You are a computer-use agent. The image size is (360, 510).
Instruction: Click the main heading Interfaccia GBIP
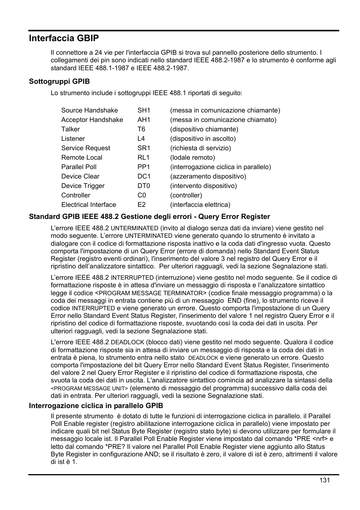click(x=64, y=38)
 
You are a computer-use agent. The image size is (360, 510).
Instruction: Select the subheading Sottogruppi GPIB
click(x=59, y=82)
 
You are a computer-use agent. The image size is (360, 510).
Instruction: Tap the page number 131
click(x=324, y=480)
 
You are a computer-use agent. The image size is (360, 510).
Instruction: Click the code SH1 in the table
click(x=144, y=110)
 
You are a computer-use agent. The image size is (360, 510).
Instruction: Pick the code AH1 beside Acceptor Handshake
click(x=144, y=120)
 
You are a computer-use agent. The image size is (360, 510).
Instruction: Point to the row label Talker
click(x=71, y=129)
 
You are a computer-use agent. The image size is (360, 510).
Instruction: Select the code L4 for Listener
click(x=141, y=139)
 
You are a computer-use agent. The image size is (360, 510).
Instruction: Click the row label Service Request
click(x=86, y=148)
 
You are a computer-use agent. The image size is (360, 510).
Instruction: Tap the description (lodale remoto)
click(x=192, y=157)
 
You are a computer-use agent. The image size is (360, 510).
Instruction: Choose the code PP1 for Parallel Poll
click(x=144, y=167)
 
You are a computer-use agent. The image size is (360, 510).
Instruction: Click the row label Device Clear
click(x=80, y=176)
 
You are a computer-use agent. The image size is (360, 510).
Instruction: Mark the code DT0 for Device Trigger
click(x=144, y=186)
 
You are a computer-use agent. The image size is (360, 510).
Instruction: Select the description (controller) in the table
click(x=186, y=195)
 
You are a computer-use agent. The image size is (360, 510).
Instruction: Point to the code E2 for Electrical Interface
click(x=142, y=205)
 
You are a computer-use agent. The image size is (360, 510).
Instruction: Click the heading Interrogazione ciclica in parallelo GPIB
click(x=96, y=406)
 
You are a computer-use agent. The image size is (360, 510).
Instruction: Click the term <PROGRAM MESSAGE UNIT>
click(x=89, y=388)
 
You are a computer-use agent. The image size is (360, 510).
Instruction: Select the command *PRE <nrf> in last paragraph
click(x=313, y=439)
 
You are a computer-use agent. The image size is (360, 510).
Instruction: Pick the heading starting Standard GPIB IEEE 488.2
click(x=149, y=217)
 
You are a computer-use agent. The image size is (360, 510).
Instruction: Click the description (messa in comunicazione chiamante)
click(x=225, y=110)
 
